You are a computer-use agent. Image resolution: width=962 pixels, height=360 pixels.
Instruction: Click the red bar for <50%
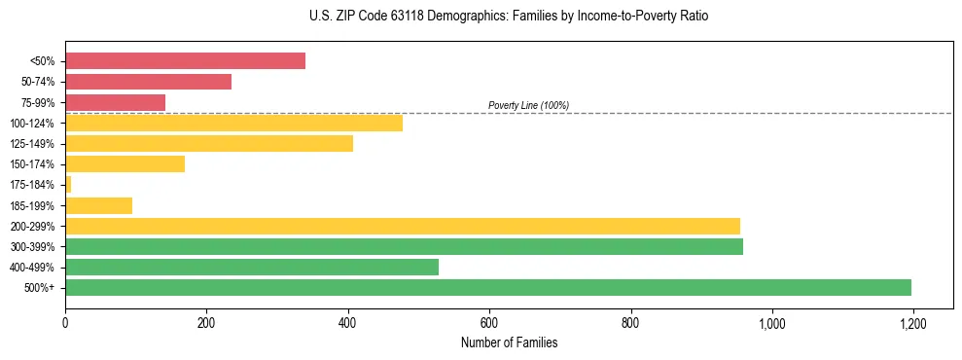(185, 61)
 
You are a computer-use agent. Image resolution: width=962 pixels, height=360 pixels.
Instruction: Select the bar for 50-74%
(148, 82)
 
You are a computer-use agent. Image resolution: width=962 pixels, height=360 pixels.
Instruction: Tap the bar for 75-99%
(115, 102)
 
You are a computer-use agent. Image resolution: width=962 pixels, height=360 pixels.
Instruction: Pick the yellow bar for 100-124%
(233, 123)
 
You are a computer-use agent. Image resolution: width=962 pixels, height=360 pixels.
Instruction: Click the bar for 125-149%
(209, 144)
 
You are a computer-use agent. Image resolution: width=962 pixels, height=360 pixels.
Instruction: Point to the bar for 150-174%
(125, 164)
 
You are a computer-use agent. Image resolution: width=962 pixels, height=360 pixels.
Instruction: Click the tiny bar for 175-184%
(68, 185)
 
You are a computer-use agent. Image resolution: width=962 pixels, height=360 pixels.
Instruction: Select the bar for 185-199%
(98, 205)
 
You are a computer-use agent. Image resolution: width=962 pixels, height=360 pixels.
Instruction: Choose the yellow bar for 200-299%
(403, 226)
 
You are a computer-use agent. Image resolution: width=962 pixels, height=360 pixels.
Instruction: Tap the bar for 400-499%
(252, 267)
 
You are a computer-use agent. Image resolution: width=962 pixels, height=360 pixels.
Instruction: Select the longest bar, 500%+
(488, 287)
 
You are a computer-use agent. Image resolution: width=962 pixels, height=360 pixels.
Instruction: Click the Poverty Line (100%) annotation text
(528, 105)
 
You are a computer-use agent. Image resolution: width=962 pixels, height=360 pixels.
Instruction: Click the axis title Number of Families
(509, 342)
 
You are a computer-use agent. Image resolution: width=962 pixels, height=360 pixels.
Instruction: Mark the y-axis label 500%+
(41, 288)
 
